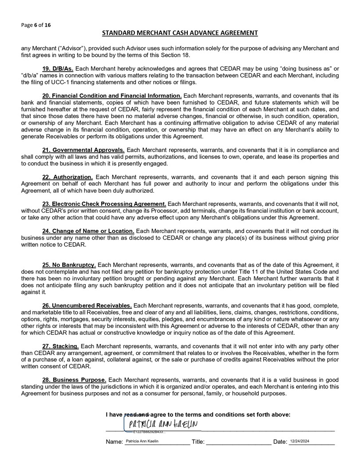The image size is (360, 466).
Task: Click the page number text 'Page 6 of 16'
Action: (x=36, y=25)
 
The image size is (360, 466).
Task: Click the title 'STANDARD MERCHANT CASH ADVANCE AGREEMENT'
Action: (x=180, y=33)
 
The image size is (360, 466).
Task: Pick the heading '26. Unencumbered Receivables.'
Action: (x=87, y=305)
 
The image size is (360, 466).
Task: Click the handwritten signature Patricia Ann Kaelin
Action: (x=162, y=425)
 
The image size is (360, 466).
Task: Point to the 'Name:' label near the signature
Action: (x=114, y=442)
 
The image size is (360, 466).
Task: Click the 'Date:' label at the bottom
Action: (x=280, y=442)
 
